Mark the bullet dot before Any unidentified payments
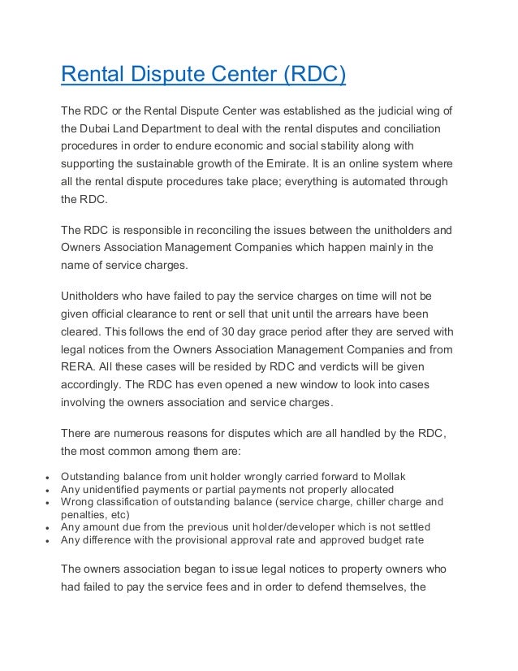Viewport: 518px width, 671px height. [50, 491]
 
